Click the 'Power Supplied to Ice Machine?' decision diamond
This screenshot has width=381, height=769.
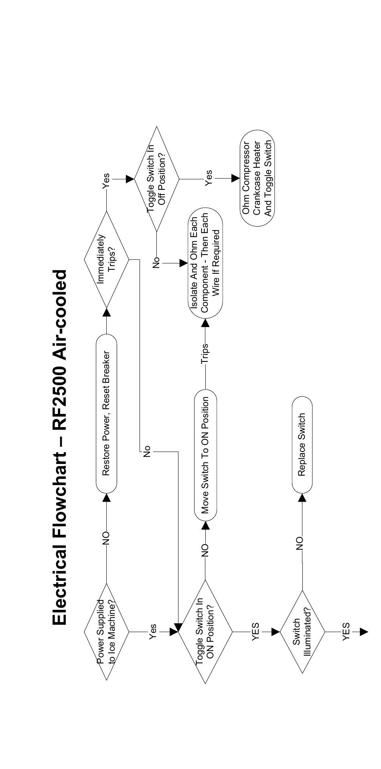[x=106, y=632]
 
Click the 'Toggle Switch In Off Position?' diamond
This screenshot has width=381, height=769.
[x=156, y=179]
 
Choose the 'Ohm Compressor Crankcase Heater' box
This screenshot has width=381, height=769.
[x=257, y=179]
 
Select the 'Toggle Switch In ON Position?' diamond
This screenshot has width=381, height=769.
[x=205, y=632]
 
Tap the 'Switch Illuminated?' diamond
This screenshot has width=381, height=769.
[x=302, y=632]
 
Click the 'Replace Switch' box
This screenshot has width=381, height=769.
[x=302, y=444]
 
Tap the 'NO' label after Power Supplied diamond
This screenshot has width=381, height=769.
[x=106, y=538]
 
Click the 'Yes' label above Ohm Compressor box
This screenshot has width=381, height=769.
[x=209, y=178]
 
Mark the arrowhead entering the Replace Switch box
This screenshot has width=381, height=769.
[x=302, y=497]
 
